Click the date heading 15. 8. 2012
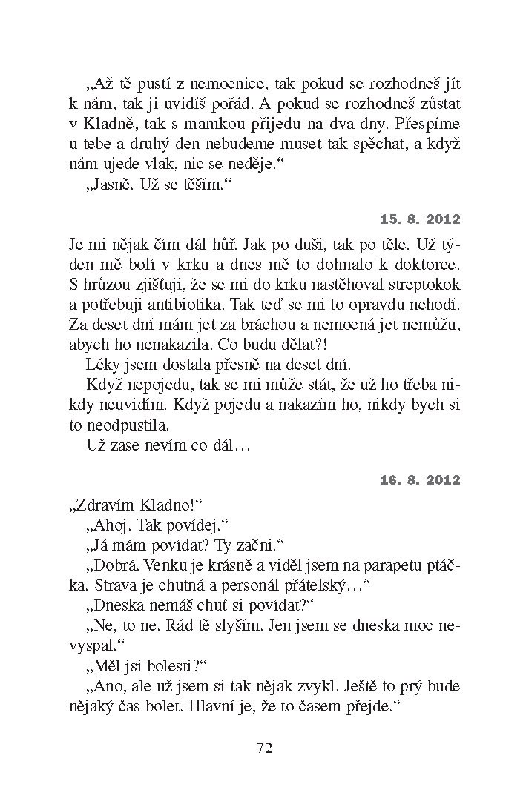pyautogui.click(x=420, y=219)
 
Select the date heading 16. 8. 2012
pyautogui.click(x=420, y=480)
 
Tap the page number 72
pyautogui.click(x=265, y=748)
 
